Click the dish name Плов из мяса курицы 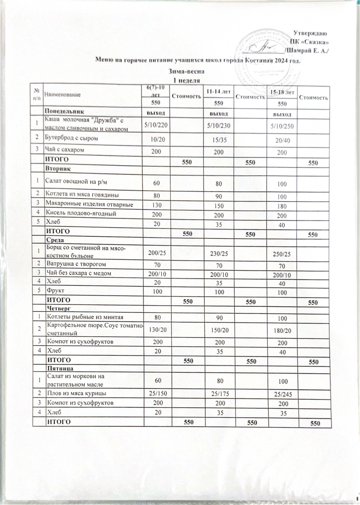coord(75,393)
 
